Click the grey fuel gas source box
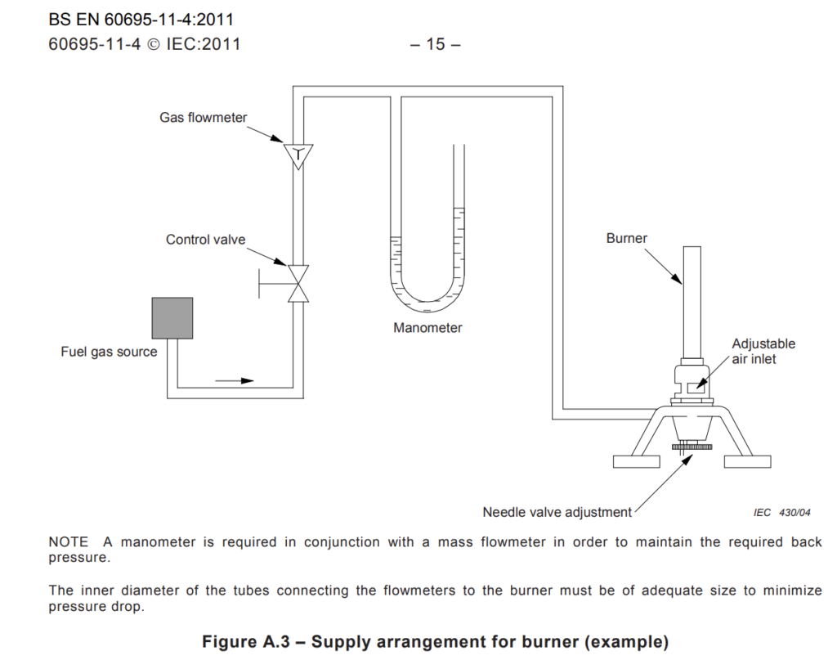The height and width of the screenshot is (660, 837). click(x=172, y=318)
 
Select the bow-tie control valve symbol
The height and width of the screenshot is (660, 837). click(x=298, y=284)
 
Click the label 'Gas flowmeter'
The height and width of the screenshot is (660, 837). click(x=204, y=118)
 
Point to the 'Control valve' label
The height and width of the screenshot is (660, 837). click(x=205, y=240)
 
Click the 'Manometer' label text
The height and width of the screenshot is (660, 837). click(x=427, y=328)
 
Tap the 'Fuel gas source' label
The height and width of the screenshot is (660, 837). click(x=109, y=352)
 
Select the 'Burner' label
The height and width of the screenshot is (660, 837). click(x=627, y=238)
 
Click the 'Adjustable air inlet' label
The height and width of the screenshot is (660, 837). click(x=763, y=352)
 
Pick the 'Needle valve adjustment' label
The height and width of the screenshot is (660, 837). click(x=557, y=513)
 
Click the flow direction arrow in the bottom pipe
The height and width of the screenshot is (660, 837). click(x=235, y=381)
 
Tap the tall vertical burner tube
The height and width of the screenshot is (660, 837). click(x=692, y=303)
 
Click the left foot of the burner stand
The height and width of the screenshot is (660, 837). click(x=636, y=461)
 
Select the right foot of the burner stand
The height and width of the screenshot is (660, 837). click(x=747, y=461)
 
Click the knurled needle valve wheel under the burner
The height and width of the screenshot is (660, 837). click(x=692, y=447)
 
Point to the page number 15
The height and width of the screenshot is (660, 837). click(x=435, y=44)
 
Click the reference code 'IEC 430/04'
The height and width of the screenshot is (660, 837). click(x=781, y=513)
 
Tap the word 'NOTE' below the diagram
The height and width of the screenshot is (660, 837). click(x=69, y=542)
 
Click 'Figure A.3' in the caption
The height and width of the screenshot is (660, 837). click(x=245, y=641)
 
